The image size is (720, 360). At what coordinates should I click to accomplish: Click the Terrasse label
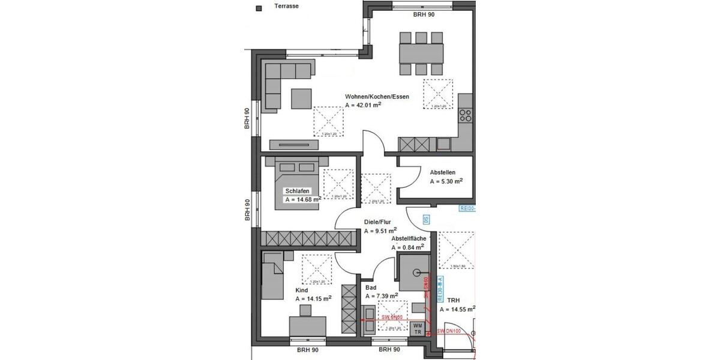pos(286,7)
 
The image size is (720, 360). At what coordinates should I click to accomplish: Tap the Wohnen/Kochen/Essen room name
pos(377,97)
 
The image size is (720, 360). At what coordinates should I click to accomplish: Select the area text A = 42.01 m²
pos(364,105)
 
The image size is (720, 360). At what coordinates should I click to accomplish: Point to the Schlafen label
pos(298,191)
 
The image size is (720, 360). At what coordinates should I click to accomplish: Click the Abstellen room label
pos(443,172)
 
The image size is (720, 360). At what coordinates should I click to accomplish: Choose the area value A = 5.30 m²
pos(446,181)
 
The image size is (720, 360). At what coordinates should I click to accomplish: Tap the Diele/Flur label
pos(377,221)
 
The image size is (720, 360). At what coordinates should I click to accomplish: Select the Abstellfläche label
pos(408,238)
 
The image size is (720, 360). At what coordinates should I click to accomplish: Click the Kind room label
pos(301,290)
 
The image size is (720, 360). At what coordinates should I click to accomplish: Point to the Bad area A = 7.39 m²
pos(382,296)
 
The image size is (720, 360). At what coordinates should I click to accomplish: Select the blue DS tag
pos(426,220)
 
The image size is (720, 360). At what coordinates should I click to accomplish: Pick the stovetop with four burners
pos(466,114)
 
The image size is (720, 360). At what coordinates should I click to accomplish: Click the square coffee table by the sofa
pos(301,98)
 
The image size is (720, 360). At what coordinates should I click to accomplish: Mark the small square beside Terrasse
pos(259,8)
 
